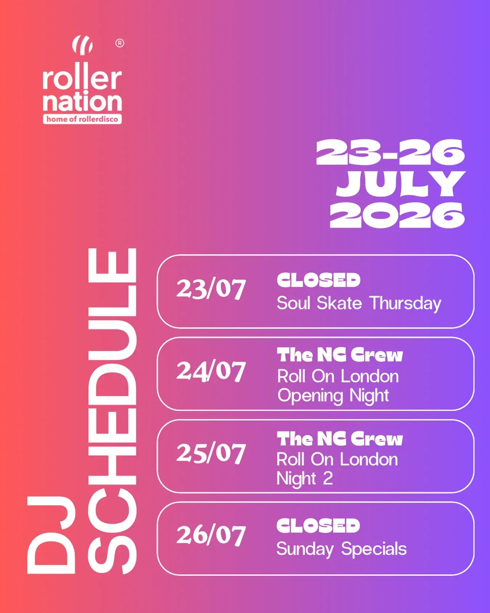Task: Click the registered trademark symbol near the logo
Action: click(x=120, y=43)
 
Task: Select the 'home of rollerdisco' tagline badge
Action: click(x=82, y=119)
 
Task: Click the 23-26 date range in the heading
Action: click(x=390, y=153)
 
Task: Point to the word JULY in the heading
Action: click(x=401, y=184)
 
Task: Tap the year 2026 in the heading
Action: click(x=397, y=215)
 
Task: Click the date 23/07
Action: click(x=211, y=289)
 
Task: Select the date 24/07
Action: click(x=211, y=372)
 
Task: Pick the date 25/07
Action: click(x=211, y=454)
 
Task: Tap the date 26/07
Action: click(x=211, y=536)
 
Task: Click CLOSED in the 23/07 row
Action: click(x=318, y=280)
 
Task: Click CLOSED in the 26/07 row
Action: click(x=318, y=526)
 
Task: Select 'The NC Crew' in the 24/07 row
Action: click(x=340, y=355)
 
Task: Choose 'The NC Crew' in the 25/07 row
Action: click(x=340, y=439)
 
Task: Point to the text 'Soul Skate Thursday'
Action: click(x=359, y=304)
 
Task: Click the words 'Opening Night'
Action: click(x=333, y=396)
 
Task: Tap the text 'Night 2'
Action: click(x=305, y=479)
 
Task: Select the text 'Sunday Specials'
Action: click(x=342, y=549)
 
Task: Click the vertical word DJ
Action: click(x=51, y=535)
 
